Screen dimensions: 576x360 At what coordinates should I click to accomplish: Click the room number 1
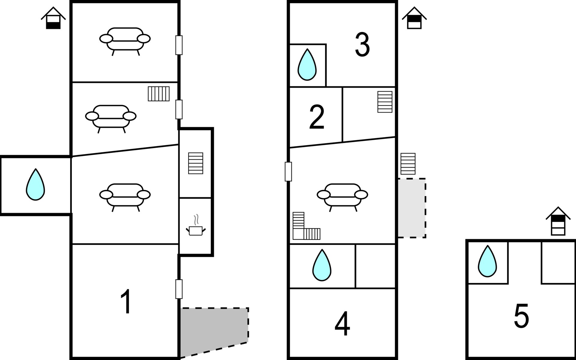[x=126, y=301]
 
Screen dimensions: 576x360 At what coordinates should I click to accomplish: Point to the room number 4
[x=342, y=324]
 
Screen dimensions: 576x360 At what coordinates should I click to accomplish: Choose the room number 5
[x=521, y=316]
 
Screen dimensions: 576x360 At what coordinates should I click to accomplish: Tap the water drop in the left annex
[x=35, y=184]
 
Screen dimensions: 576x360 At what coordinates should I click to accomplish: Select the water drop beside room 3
[x=307, y=64]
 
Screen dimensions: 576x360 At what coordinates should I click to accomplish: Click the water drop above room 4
[x=322, y=265]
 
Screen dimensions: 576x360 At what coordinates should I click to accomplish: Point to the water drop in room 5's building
[x=487, y=261]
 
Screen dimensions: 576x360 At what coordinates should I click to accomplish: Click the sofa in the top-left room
[x=125, y=41]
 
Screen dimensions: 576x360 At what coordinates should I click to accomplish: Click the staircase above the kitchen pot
[x=196, y=163]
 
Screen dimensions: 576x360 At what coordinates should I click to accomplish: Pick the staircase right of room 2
[x=385, y=102]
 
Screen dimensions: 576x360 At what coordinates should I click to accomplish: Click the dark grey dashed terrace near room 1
[x=214, y=331]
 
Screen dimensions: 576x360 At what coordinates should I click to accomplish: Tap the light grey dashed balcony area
[x=412, y=208]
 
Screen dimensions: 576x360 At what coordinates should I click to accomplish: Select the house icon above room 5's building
[x=558, y=221]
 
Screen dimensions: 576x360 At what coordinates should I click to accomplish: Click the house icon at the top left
[x=53, y=18]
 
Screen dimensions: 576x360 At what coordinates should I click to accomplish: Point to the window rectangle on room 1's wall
[x=179, y=289]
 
